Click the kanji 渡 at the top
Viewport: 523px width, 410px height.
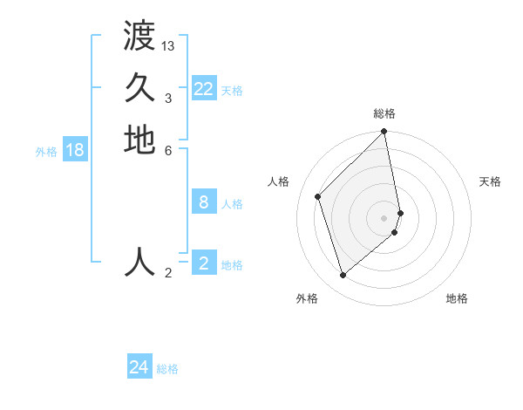[139, 38]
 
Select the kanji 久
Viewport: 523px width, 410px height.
[139, 88]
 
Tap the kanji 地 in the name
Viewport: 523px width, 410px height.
[139, 140]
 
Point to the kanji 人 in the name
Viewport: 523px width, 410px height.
[139, 262]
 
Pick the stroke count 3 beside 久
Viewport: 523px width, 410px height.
[168, 98]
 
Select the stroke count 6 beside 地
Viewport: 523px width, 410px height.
[168, 149]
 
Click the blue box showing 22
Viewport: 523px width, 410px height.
[204, 89]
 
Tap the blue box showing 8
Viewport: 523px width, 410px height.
[204, 202]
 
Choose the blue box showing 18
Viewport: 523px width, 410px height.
[75, 150]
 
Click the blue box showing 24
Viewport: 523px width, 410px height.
[139, 368]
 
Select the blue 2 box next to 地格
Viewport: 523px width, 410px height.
[204, 263]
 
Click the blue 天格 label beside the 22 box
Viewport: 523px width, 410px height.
[232, 91]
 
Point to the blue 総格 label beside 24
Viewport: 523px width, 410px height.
[167, 370]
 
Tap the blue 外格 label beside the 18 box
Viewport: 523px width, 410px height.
[46, 152]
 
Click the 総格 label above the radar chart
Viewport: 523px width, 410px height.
[384, 113]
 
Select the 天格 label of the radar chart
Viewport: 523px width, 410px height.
[490, 181]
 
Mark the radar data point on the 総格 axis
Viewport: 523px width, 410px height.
[384, 133]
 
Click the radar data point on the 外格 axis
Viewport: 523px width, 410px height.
[343, 276]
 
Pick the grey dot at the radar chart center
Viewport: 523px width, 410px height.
[384, 217]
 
